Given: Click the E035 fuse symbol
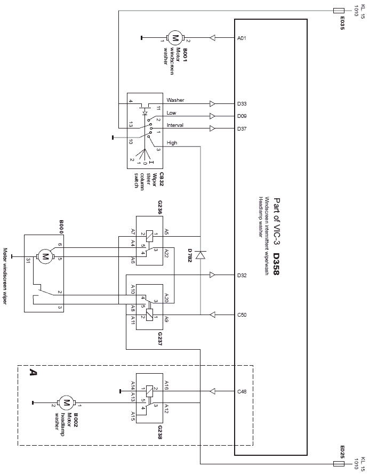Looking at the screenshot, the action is [x=339, y=11].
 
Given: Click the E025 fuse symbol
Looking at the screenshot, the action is [x=339, y=464].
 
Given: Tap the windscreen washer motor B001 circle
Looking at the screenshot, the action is [x=175, y=38].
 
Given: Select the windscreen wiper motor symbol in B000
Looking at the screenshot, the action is [x=45, y=257].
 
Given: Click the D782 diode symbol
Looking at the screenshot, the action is [x=200, y=255].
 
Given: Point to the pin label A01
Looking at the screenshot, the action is [x=242, y=38].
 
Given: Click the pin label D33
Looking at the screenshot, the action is [x=242, y=104].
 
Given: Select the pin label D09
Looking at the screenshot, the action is [x=242, y=116].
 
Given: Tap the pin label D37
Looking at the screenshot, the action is [x=242, y=129].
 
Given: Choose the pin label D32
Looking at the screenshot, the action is [x=242, y=276].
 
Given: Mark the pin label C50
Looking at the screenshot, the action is [x=242, y=315].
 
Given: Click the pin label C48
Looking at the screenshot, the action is [x=242, y=392].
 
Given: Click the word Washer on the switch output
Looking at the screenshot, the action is [x=175, y=100].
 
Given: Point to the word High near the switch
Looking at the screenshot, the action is [x=172, y=143].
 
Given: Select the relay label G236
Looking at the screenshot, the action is [x=159, y=207].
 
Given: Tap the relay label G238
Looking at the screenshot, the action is [x=159, y=432].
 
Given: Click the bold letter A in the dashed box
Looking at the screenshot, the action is [x=33, y=372].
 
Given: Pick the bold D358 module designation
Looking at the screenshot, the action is [x=276, y=264].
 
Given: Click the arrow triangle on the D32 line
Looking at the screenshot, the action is [x=212, y=275].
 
